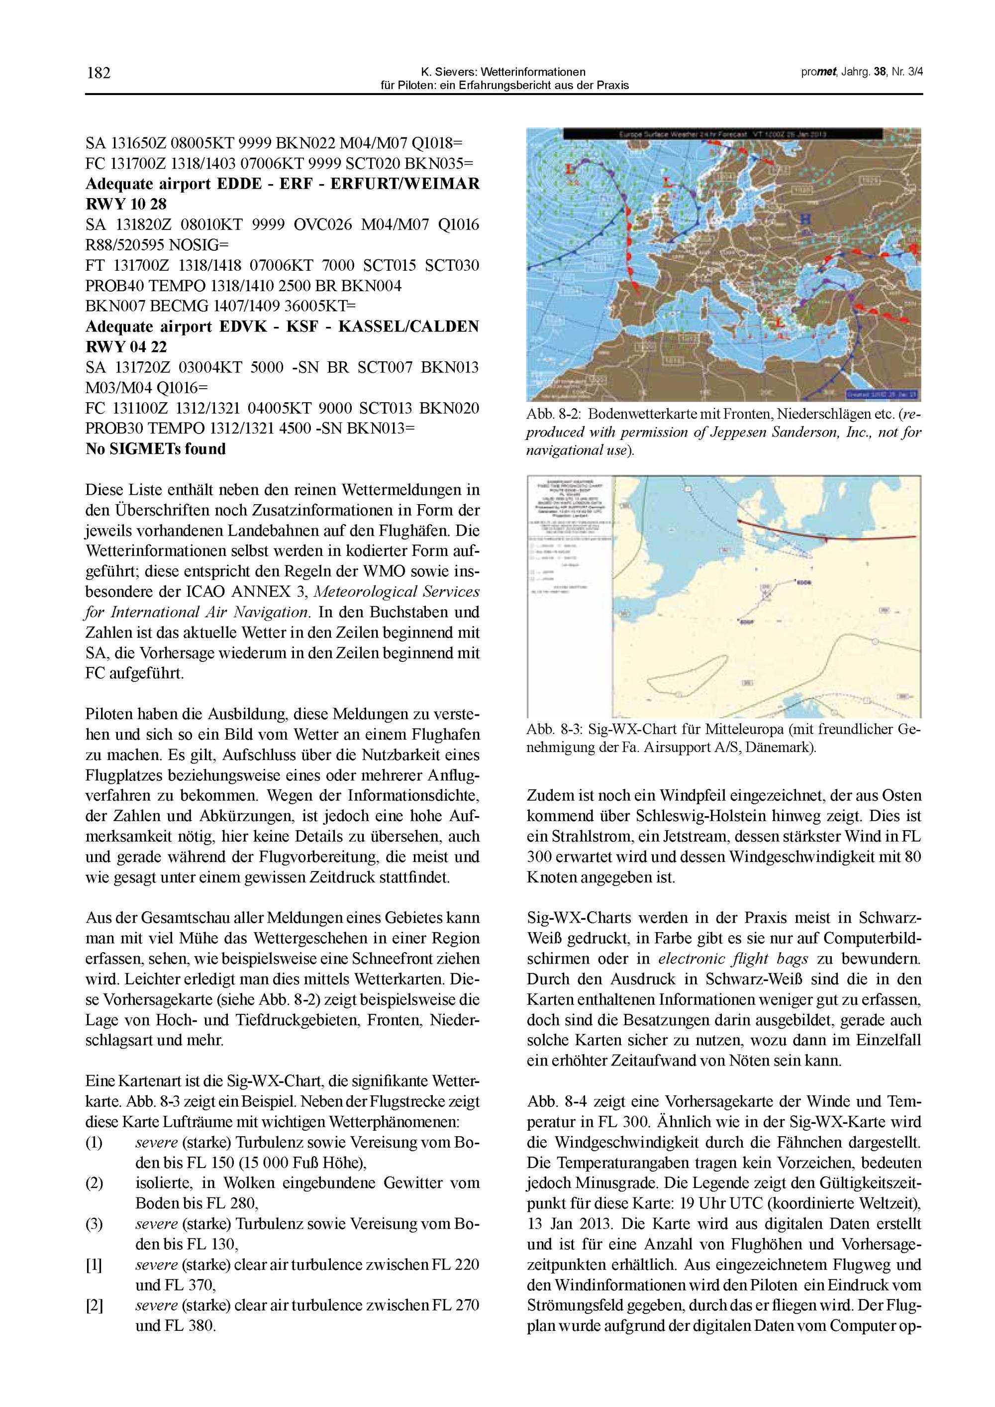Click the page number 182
pyautogui.click(x=99, y=74)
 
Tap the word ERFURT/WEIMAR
pyautogui.click(x=405, y=184)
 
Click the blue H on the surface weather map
pyautogui.click(x=807, y=219)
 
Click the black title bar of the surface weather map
pyautogui.click(x=723, y=133)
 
